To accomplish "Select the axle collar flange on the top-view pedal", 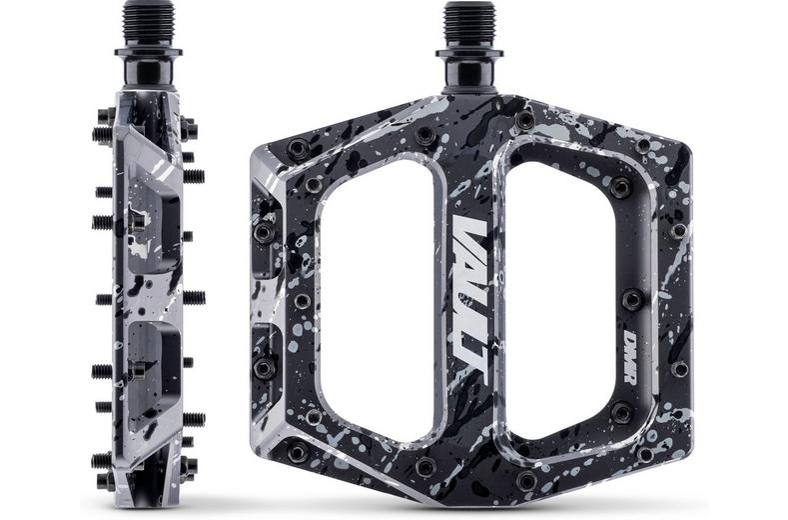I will [x=468, y=51].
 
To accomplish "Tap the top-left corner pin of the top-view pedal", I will [x=296, y=148].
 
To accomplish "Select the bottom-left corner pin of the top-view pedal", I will [x=297, y=453].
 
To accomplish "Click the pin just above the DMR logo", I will [x=631, y=299].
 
